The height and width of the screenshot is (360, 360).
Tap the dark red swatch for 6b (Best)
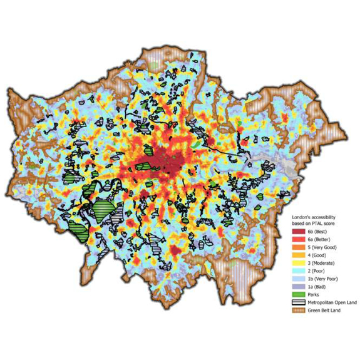[x=298, y=232]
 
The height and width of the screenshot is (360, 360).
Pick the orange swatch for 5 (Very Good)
[x=298, y=249]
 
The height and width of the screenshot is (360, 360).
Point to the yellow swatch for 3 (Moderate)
[x=298, y=265]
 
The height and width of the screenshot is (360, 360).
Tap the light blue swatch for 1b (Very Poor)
[x=298, y=281]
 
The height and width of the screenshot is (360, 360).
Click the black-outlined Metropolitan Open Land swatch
[x=298, y=304]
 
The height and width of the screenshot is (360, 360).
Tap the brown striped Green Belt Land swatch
[x=298, y=311]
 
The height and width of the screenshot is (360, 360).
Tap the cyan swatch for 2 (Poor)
[x=298, y=273]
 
